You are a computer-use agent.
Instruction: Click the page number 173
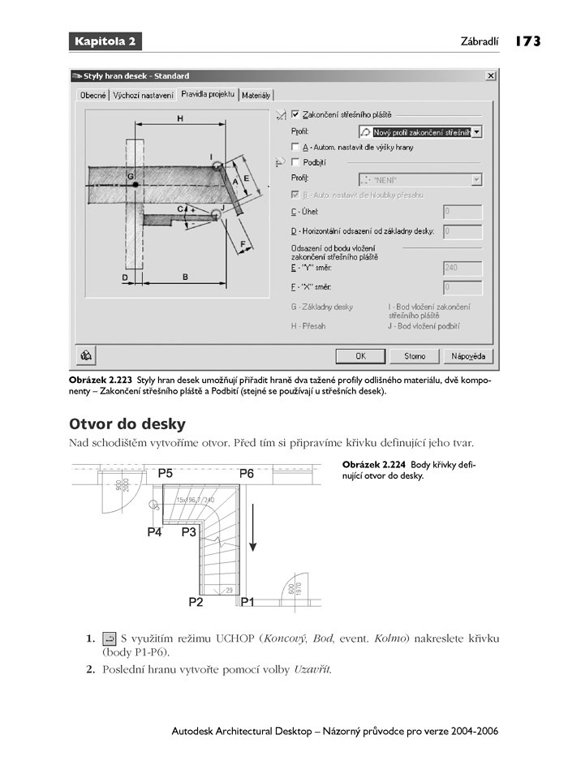[527, 41]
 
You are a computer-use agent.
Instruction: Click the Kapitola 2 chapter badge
[105, 41]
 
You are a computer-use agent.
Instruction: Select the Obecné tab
[93, 96]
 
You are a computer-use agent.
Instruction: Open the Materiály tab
[256, 96]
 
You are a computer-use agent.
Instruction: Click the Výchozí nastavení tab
[144, 96]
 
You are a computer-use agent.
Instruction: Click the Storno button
[414, 355]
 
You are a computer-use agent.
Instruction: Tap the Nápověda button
[468, 355]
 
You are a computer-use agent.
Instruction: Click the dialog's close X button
[490, 75]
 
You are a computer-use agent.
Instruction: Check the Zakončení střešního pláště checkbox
[295, 114]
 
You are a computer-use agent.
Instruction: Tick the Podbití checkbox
[295, 162]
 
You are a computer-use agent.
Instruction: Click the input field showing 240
[463, 268]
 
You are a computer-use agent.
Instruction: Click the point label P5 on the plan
[166, 472]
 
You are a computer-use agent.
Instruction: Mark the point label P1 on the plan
[247, 602]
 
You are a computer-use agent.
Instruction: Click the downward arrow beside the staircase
[253, 527]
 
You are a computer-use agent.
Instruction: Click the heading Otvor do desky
[127, 423]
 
